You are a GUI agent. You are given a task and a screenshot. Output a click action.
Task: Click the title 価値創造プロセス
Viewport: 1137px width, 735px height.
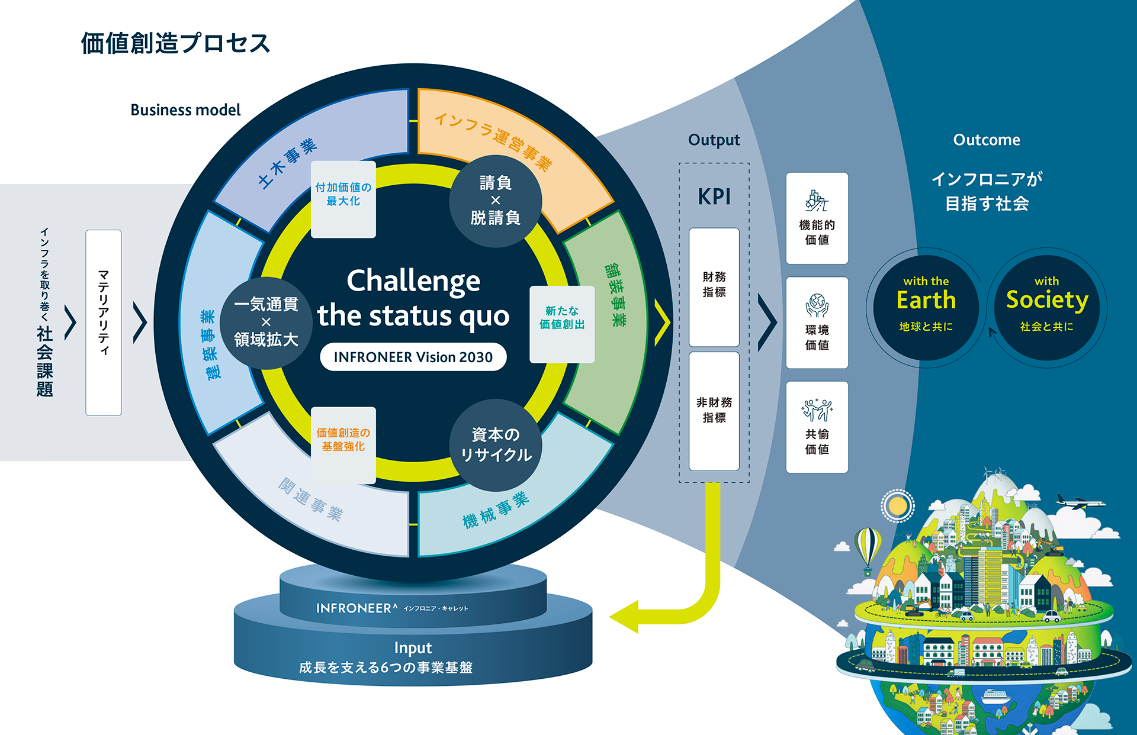pyautogui.click(x=175, y=43)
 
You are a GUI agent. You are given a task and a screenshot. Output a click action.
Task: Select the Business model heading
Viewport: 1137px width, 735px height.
pyautogui.click(x=185, y=110)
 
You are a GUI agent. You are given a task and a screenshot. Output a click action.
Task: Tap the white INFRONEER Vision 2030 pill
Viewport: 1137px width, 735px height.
pyautogui.click(x=413, y=357)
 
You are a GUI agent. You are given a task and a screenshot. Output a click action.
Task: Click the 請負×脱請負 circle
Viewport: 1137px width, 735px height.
pyautogui.click(x=495, y=201)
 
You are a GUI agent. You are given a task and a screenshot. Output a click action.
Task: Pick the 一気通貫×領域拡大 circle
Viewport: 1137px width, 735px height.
pyautogui.click(x=266, y=323)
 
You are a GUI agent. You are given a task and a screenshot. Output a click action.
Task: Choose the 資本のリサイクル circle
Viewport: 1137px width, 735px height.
pyautogui.click(x=495, y=445)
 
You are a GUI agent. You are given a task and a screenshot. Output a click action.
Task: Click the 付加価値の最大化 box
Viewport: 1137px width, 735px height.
pyautogui.click(x=343, y=199)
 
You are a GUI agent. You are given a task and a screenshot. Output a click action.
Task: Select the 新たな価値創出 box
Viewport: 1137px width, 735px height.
pyautogui.click(x=562, y=324)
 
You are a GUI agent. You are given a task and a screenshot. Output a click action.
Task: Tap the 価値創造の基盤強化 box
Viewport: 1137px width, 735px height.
pyautogui.click(x=343, y=444)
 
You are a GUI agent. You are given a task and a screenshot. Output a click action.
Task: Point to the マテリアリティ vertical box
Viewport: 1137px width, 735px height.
pyautogui.click(x=104, y=323)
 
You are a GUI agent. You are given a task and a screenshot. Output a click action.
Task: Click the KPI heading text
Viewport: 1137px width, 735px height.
pyautogui.click(x=714, y=196)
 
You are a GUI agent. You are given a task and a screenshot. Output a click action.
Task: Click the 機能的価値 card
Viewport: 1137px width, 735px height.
pyautogui.click(x=817, y=218)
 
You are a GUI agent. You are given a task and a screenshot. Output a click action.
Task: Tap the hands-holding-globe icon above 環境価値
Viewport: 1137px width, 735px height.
pyautogui.click(x=817, y=305)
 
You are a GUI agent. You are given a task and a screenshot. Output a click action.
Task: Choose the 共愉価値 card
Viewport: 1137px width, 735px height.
pyautogui.click(x=817, y=427)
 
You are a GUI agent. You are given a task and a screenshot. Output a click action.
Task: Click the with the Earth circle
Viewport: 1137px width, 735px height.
pyautogui.click(x=926, y=307)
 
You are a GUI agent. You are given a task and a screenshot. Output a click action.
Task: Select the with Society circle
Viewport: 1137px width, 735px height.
pyautogui.click(x=1046, y=307)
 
